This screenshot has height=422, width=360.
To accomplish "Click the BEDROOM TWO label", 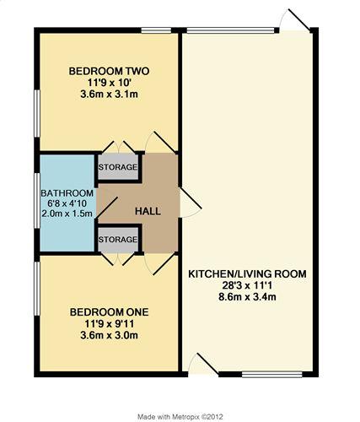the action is click(x=109, y=71).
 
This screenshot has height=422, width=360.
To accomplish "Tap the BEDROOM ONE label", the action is click(x=109, y=312).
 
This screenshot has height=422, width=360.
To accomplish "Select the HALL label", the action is click(x=148, y=211).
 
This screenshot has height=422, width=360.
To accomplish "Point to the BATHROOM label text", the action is click(x=67, y=193).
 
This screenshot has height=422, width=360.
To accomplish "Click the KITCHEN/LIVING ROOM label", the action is click(x=247, y=273).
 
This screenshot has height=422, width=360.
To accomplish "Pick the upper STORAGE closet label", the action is click(x=118, y=167).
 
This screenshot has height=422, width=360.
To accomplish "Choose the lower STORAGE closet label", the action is click(x=118, y=240).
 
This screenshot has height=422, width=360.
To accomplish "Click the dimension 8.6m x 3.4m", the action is click(x=247, y=297).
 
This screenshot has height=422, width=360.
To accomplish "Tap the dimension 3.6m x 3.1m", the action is click(x=109, y=95).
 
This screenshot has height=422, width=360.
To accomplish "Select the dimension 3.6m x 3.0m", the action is click(x=109, y=335).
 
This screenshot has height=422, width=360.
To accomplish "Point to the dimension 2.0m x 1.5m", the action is click(x=67, y=214).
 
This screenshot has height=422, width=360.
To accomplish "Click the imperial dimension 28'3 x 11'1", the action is click(x=247, y=285).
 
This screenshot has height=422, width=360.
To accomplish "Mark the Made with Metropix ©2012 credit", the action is click(x=180, y=417).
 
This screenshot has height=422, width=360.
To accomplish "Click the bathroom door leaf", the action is click(x=107, y=208).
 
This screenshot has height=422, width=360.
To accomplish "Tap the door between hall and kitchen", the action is click(x=191, y=198).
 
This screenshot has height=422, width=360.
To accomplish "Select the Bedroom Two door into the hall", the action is click(x=164, y=142).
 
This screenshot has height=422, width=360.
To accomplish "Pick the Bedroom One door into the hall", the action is click(x=164, y=263).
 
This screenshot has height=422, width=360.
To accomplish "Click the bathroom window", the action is click(x=37, y=201).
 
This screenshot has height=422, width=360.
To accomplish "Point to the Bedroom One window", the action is click(x=37, y=289).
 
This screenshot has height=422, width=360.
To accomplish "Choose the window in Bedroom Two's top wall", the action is click(x=156, y=30).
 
